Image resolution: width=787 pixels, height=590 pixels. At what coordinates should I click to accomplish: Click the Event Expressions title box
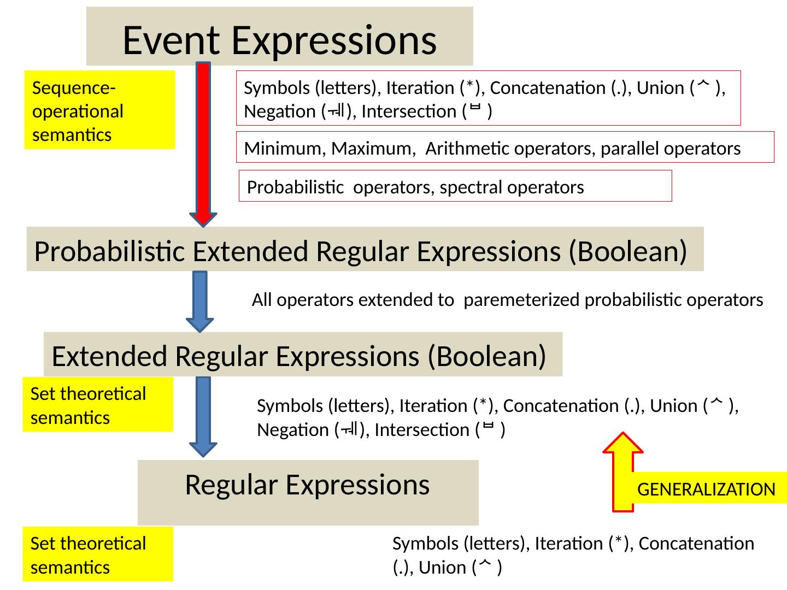(279, 36)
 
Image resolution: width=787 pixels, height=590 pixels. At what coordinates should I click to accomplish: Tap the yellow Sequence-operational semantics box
(99, 110)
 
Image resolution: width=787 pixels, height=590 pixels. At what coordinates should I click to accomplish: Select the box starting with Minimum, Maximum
(505, 147)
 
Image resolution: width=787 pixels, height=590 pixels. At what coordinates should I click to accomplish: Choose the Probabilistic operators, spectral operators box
(455, 186)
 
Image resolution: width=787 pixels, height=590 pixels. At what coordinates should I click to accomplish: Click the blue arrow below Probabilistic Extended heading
(200, 300)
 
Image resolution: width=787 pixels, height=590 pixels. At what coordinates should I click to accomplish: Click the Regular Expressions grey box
(308, 492)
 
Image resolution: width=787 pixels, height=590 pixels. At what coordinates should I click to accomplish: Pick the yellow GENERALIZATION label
(707, 489)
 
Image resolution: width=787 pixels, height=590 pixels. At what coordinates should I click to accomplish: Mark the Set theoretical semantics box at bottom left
(97, 554)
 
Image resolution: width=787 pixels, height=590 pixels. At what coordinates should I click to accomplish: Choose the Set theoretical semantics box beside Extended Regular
(97, 405)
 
